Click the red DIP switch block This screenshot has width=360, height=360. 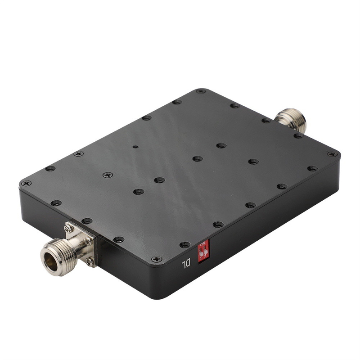point(203,252)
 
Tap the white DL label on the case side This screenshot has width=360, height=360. point(186,264)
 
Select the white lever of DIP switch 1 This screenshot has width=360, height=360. point(201,253)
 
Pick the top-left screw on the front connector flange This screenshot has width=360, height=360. point(69,229)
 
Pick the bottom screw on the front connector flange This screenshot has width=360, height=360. point(90,261)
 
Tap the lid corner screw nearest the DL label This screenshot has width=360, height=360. point(156,259)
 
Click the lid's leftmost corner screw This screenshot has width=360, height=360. point(26,183)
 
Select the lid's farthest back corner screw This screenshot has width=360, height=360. point(201,91)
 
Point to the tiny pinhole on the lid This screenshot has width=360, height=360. point(135,147)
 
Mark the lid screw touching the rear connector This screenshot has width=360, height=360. point(266,120)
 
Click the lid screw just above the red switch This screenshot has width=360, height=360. point(185,244)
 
